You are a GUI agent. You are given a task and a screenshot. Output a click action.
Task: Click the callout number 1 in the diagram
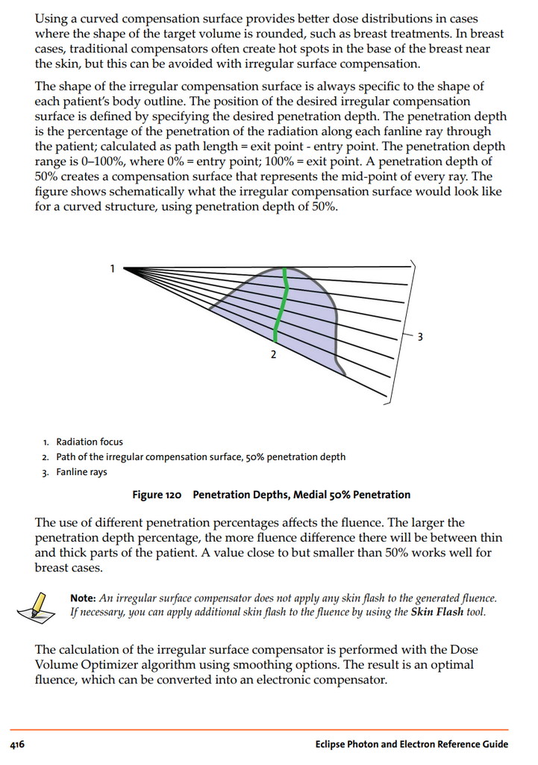point(113,268)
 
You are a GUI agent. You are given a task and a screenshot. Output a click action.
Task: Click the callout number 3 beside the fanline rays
point(419,335)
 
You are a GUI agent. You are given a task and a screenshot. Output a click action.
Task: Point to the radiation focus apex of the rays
point(125,268)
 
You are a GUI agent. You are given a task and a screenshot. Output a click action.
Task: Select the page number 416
point(17,744)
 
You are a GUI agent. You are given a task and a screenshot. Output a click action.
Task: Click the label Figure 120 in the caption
point(157,495)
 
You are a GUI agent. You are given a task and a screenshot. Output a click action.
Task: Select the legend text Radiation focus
point(90,442)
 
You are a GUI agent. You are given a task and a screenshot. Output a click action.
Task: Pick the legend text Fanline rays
point(81,472)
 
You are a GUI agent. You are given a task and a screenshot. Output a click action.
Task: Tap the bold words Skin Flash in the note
point(436,613)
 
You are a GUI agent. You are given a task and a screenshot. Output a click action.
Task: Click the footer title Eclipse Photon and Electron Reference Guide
point(411,744)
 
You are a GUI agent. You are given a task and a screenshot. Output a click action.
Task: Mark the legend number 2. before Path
point(46,457)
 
